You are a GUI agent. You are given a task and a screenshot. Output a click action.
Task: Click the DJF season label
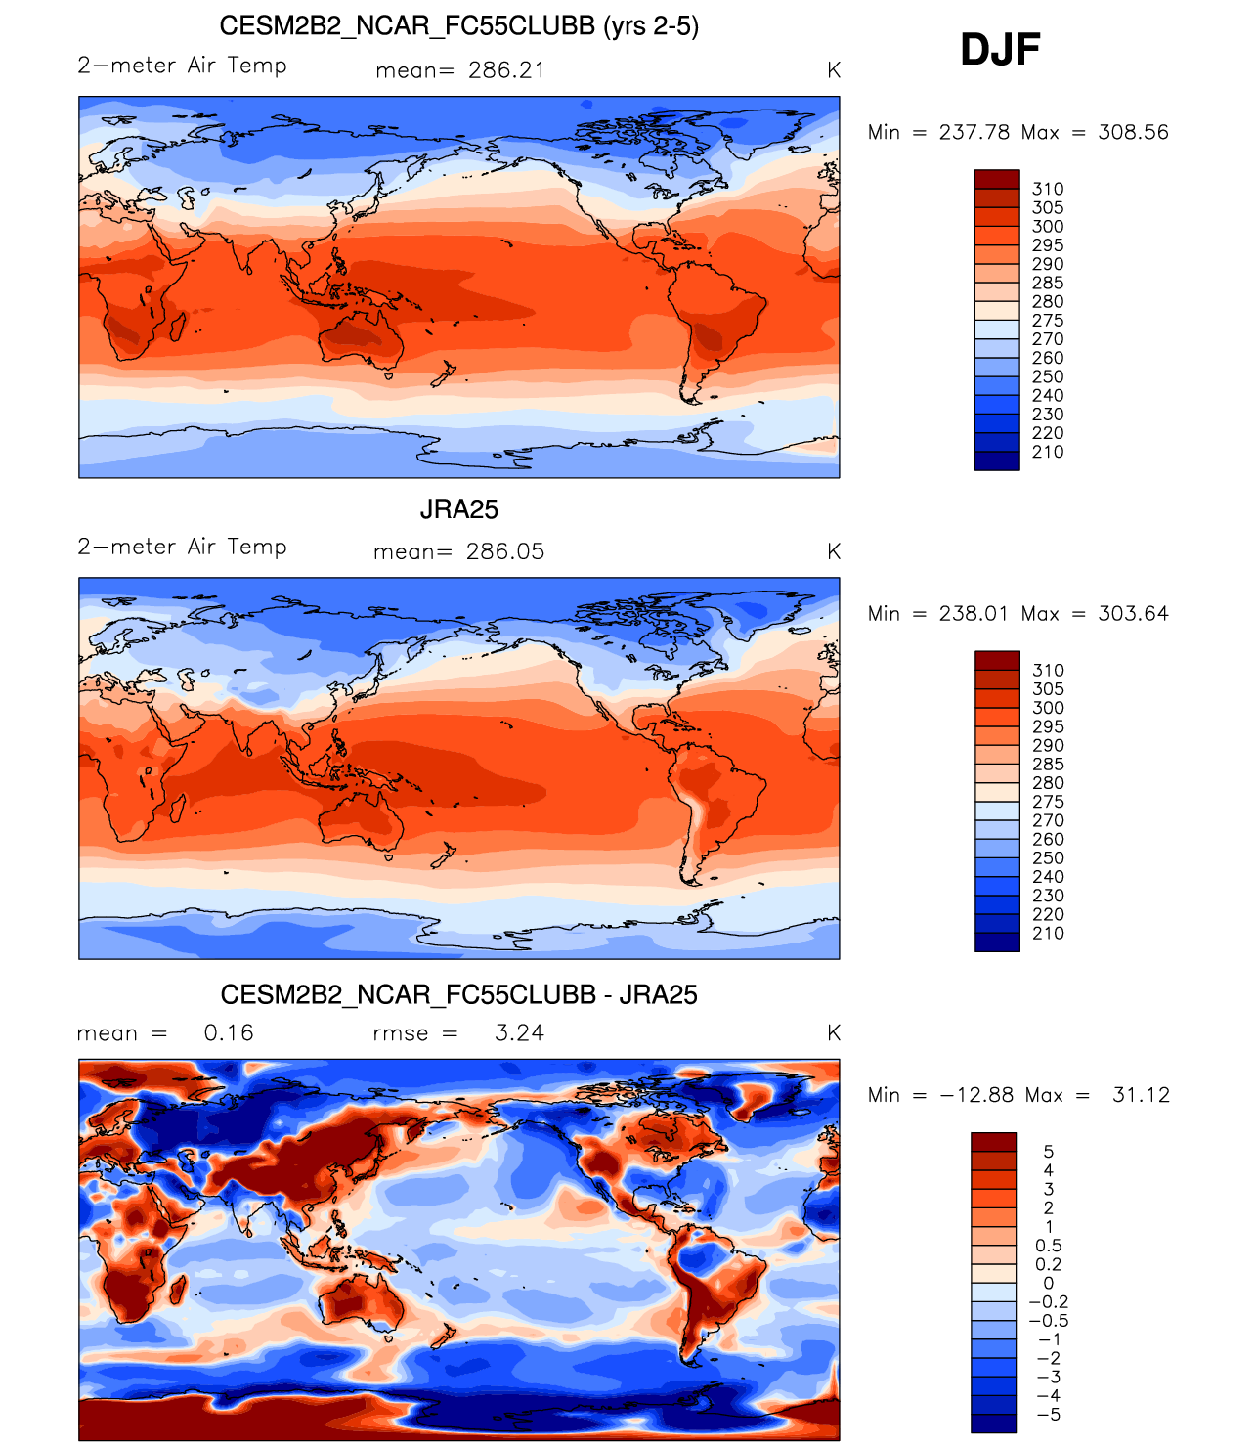pyautogui.click(x=1000, y=49)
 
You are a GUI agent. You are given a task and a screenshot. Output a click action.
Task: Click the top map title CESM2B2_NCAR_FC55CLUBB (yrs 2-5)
pyautogui.click(x=458, y=25)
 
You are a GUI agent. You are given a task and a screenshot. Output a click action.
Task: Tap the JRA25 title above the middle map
pyautogui.click(x=458, y=509)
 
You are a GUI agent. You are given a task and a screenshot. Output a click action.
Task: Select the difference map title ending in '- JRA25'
pyautogui.click(x=458, y=994)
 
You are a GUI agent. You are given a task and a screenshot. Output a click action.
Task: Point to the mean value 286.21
pyautogui.click(x=506, y=70)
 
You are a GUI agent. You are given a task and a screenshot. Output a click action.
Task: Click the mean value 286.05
pyautogui.click(x=505, y=551)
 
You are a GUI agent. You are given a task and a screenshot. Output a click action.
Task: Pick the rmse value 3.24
pyautogui.click(x=519, y=1033)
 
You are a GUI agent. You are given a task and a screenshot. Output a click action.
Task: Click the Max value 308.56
pyautogui.click(x=1133, y=132)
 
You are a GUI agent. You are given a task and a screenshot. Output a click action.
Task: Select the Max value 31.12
pyautogui.click(x=1141, y=1095)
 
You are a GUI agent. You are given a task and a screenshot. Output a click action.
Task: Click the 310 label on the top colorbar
pyautogui.click(x=1048, y=189)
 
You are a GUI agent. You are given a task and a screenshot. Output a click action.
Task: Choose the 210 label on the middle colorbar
pyautogui.click(x=1048, y=933)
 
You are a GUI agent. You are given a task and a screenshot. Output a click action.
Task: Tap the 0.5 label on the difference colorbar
pyautogui.click(x=1049, y=1246)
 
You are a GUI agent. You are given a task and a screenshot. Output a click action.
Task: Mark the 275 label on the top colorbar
pyautogui.click(x=1048, y=321)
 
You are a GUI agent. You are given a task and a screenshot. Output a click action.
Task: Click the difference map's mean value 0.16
pyautogui.click(x=229, y=1033)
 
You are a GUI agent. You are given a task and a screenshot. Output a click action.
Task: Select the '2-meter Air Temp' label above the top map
pyautogui.click(x=183, y=66)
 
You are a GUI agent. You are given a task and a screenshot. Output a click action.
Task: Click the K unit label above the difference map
pyautogui.click(x=834, y=1033)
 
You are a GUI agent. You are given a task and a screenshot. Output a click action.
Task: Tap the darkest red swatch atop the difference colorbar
pyautogui.click(x=993, y=1142)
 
